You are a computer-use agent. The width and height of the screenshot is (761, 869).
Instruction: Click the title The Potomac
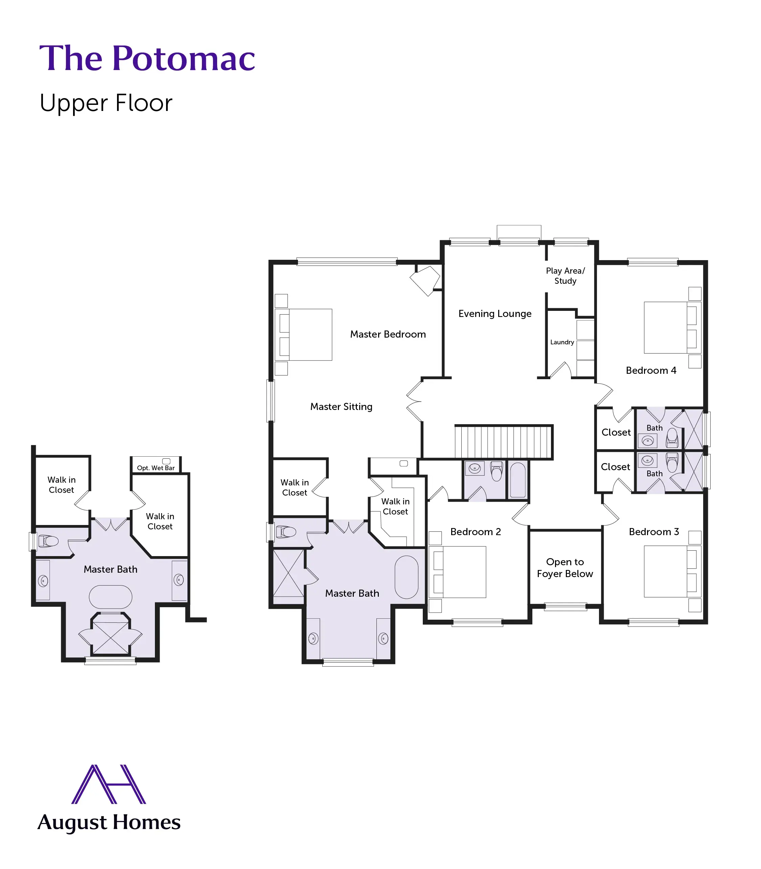tap(147, 58)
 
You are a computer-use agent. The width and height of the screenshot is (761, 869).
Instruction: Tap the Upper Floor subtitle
tap(106, 103)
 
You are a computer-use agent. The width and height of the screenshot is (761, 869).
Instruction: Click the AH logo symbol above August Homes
tap(109, 784)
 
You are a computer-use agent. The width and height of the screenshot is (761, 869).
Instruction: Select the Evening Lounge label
tap(495, 314)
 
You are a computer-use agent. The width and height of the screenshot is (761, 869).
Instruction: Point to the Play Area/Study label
tap(565, 276)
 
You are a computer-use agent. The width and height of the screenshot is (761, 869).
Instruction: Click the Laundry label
tap(562, 342)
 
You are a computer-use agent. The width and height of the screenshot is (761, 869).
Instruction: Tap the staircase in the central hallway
tap(503, 441)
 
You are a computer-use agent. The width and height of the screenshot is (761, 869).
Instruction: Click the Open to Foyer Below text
tap(565, 568)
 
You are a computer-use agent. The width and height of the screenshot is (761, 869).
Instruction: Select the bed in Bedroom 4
tap(670, 327)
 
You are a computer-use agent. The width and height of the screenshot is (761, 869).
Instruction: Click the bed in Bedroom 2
tap(459, 572)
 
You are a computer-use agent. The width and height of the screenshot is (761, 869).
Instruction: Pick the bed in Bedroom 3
tap(670, 571)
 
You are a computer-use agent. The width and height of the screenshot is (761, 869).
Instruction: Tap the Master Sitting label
tap(341, 407)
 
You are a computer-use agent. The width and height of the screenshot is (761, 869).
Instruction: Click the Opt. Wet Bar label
tap(156, 467)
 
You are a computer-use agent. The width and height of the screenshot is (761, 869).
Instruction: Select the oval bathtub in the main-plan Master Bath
tap(407, 577)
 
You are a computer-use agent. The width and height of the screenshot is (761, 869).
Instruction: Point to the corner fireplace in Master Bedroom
tap(425, 280)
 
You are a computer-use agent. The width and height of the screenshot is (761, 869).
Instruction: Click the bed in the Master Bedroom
tap(304, 335)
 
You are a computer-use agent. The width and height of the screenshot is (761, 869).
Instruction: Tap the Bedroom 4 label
tap(651, 370)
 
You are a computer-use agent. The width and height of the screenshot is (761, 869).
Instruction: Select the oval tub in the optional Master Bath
tap(110, 597)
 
